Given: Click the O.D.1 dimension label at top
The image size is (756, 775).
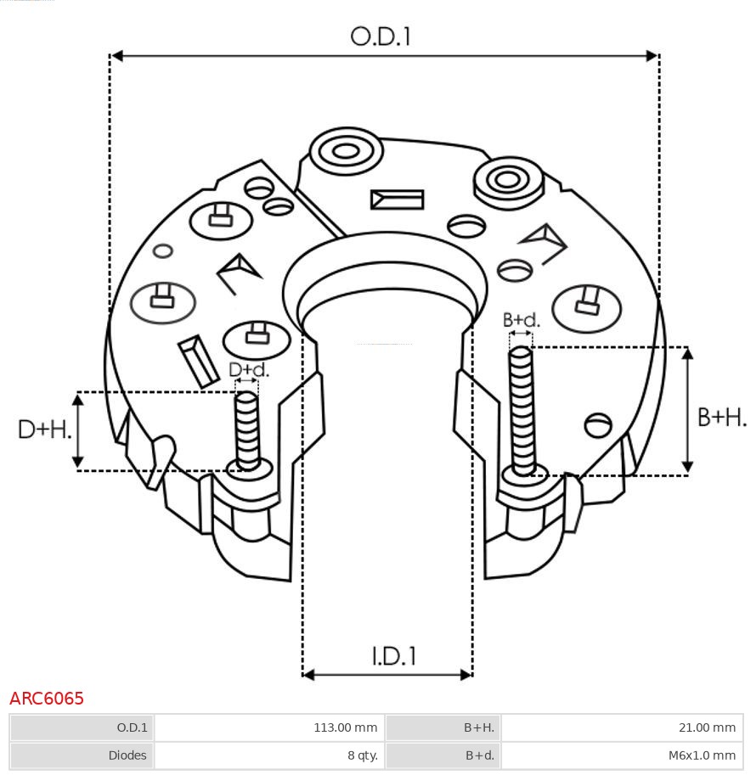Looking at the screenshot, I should tap(381, 36).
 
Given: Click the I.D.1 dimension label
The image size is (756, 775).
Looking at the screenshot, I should tap(393, 656).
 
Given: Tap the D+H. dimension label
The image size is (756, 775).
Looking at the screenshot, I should tap(44, 430).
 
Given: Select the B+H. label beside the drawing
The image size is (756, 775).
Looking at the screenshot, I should tap(722, 417).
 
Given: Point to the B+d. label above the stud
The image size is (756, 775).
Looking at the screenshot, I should tap(521, 320).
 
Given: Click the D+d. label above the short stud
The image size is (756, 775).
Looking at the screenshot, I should tap(248, 370).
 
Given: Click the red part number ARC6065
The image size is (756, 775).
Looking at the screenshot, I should tap(47, 699).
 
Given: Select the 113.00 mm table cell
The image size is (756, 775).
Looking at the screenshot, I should tap(345, 727).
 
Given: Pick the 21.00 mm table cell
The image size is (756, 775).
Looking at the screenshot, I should tap(701, 727).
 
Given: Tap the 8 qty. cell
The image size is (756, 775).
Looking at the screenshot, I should tap(359, 755).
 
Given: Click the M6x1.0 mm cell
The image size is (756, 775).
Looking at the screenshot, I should tap(701, 755).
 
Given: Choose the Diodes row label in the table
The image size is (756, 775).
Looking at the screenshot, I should tap(127, 755).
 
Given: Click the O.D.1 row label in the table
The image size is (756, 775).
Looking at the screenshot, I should tap(132, 727).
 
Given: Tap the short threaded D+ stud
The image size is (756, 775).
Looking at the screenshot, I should tap(247, 430).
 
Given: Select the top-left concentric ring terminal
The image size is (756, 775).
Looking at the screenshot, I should tap(345, 152).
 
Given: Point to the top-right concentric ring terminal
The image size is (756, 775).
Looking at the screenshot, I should tap(508, 179).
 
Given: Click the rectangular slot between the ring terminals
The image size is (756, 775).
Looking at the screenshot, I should tap(397, 199).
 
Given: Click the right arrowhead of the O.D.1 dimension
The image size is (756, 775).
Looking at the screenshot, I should tap(652, 56).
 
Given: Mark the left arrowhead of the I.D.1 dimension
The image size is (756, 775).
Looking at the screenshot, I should tap(308, 675).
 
